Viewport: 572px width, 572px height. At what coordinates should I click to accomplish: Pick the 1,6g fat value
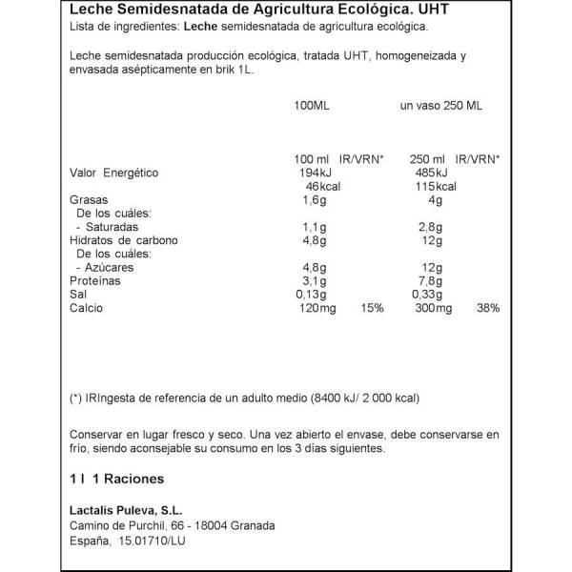click(314, 200)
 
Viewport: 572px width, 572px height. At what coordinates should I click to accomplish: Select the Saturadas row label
click(111, 228)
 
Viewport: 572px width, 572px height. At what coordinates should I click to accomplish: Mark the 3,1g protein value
click(314, 282)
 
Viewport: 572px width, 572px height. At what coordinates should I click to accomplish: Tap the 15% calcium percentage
click(372, 310)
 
